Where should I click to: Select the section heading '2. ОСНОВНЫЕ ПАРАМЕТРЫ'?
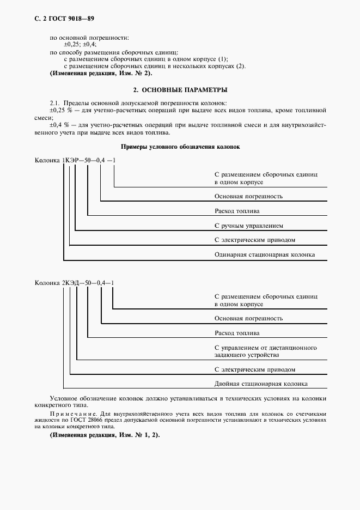pos(180,89)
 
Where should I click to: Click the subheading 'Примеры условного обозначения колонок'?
pos(179,147)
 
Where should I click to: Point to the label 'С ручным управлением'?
pos(249,225)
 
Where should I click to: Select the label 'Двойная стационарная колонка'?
pos(261,383)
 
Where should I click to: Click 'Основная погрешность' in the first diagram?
pos(248,196)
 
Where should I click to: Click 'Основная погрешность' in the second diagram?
pos(248,318)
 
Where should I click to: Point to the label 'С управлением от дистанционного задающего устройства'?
pos(266,351)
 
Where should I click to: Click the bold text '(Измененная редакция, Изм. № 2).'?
pos(101,73)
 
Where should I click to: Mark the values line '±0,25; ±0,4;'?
pos(80,45)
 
